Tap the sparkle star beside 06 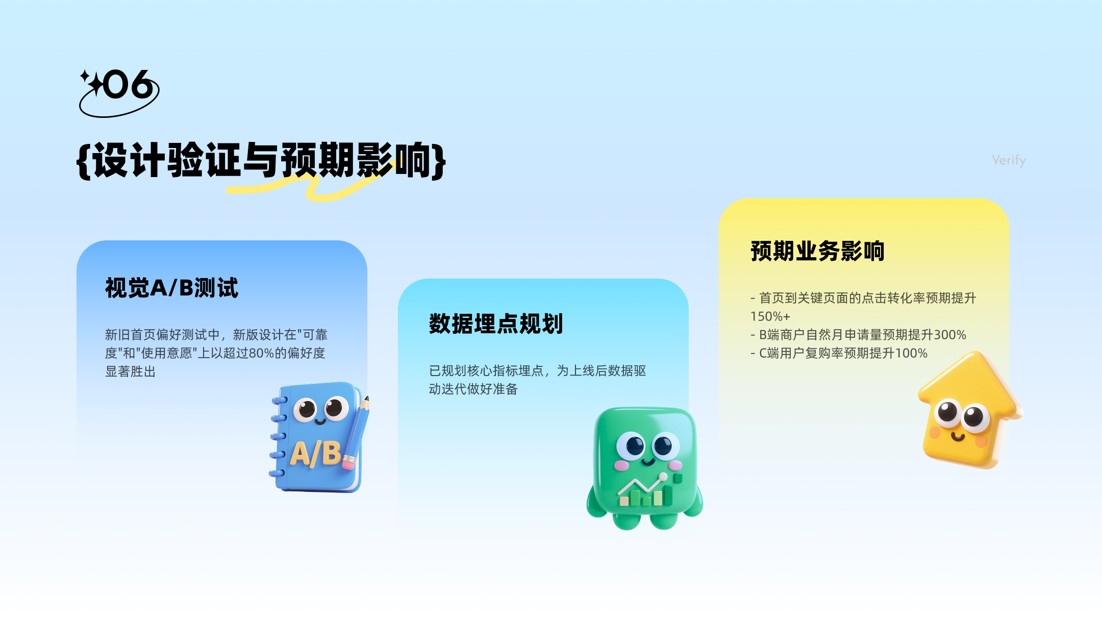(x=92, y=82)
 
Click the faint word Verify (x=1009, y=160)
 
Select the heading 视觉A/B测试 (x=171, y=288)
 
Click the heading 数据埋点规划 (x=496, y=324)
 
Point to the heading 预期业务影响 (x=817, y=251)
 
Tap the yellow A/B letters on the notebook (x=316, y=453)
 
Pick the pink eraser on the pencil (x=348, y=463)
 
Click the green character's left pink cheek (x=621, y=465)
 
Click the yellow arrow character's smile (x=958, y=436)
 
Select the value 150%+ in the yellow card (x=770, y=316)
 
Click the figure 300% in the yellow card (x=950, y=335)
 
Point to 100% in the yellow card (x=911, y=353)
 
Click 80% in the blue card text (x=262, y=353)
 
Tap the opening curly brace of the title (x=84, y=161)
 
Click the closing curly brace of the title (x=439, y=161)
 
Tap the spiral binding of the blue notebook (x=279, y=437)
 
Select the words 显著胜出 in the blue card (x=130, y=371)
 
